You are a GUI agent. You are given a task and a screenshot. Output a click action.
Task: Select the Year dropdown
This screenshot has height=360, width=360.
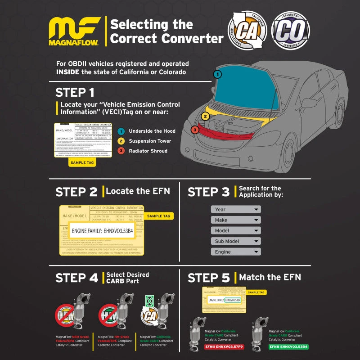pos(236,209)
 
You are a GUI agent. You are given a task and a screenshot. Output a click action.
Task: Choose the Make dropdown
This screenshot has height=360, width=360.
pos(236,220)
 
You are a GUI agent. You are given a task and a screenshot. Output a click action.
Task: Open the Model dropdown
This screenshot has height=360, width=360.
pos(236,230)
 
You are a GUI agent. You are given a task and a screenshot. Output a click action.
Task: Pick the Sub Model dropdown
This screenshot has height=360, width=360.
pos(236,241)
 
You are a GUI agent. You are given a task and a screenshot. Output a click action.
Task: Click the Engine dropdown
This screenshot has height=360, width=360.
pos(236,252)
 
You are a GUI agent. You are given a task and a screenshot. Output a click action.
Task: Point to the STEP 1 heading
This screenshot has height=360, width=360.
pos(75,92)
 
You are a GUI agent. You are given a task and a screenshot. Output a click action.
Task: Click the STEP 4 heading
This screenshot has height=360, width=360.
pos(76,278)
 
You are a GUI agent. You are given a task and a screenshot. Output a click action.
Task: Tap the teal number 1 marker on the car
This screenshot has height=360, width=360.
pos(217,74)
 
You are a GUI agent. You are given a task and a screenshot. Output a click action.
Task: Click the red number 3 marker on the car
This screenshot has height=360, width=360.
pos(194,130)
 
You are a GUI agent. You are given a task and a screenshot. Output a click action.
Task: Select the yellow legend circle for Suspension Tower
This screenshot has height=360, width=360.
pos(121,141)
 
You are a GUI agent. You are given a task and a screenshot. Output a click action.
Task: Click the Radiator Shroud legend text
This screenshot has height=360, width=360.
pos(148,151)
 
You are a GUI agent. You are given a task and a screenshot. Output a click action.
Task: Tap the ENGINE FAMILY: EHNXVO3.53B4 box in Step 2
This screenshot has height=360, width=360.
pos(103,231)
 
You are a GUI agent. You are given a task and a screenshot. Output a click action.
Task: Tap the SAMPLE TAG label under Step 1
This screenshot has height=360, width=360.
pos(82,162)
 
